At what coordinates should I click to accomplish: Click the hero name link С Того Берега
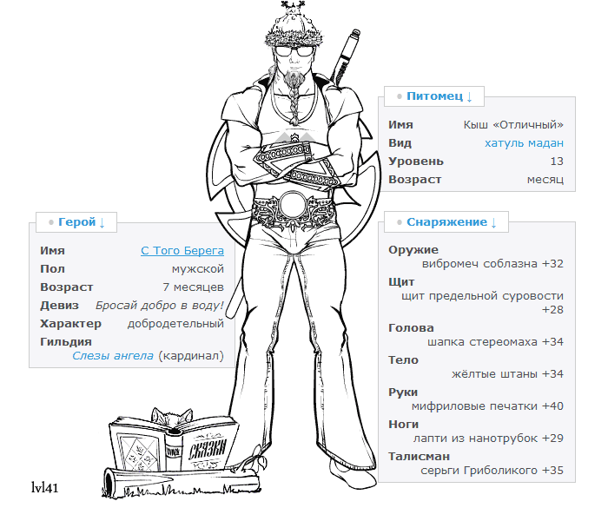pyautogui.click(x=182, y=251)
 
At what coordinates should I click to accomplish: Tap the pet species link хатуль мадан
pyautogui.click(x=524, y=143)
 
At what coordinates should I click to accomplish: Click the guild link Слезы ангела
pyautogui.click(x=113, y=356)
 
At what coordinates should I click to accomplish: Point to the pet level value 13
pyautogui.click(x=557, y=162)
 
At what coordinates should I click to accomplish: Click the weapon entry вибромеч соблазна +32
pyautogui.click(x=492, y=264)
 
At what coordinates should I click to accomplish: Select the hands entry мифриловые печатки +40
pyautogui.click(x=487, y=406)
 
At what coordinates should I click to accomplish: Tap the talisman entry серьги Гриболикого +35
pyautogui.click(x=492, y=471)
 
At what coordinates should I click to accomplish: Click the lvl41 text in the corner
pyautogui.click(x=44, y=488)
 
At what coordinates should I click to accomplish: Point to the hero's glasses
pyautogui.click(x=294, y=51)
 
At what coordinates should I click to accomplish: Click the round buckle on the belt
pyautogui.click(x=294, y=206)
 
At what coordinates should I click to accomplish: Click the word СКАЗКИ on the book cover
pyautogui.click(x=208, y=448)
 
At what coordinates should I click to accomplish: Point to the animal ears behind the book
pyautogui.click(x=171, y=417)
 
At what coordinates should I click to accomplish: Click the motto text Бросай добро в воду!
pyautogui.click(x=160, y=306)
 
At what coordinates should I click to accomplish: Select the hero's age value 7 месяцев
pyautogui.click(x=194, y=287)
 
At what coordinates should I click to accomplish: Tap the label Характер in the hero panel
pyautogui.click(x=70, y=324)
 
